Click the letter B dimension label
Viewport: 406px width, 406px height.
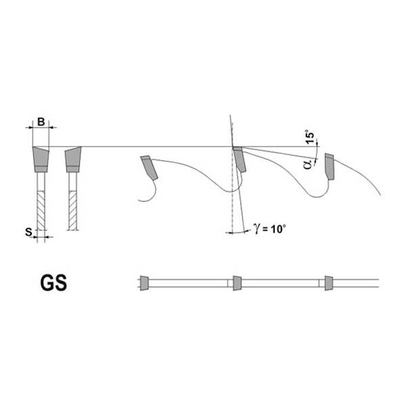41,122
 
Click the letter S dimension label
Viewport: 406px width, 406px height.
28,232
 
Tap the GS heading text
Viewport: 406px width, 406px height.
53,283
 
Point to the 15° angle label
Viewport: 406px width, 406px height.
310,137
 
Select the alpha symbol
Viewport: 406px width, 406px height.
308,164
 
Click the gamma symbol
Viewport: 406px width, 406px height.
256,228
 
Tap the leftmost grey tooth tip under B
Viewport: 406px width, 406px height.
41,159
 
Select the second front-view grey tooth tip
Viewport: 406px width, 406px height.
73,159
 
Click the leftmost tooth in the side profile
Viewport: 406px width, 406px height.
149,168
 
